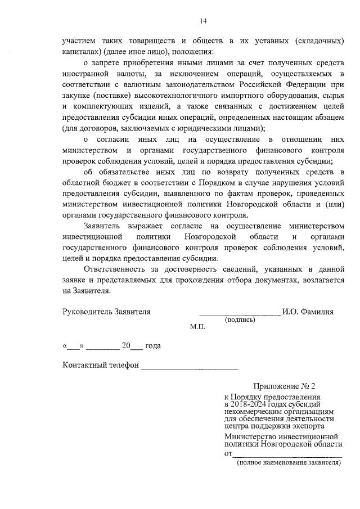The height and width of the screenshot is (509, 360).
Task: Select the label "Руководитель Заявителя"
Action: [107, 311]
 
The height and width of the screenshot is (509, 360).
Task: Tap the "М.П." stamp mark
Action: [199, 327]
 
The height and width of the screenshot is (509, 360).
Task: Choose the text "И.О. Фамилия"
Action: [309, 311]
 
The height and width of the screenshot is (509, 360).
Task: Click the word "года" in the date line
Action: [153, 346]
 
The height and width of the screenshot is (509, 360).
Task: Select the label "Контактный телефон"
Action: [101, 365]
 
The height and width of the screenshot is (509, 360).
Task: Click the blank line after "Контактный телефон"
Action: [189, 367]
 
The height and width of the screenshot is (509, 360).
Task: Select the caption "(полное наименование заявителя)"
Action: [289, 462]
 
